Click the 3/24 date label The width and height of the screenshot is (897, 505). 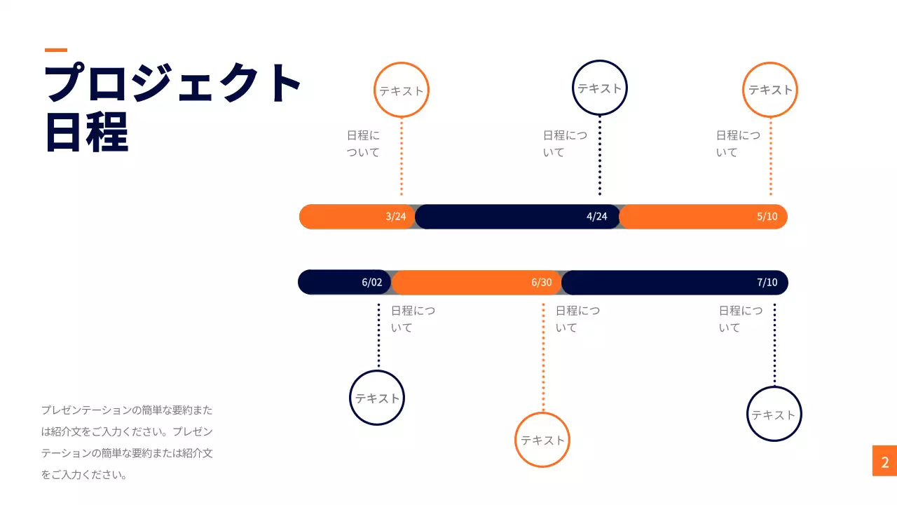point(396,217)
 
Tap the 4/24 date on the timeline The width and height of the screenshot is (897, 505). point(597,217)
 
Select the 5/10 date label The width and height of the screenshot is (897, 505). point(767,217)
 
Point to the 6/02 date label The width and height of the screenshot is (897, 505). point(372,283)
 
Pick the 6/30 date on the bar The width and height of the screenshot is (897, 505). point(542,283)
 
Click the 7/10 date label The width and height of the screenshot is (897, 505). point(767,283)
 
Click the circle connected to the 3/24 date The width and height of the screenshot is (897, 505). point(402,90)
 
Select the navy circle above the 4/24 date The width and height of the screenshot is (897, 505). point(600,88)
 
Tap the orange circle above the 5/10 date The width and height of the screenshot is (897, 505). point(770,90)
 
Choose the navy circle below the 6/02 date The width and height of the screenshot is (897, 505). point(377,398)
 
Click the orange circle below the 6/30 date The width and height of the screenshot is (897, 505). point(542,440)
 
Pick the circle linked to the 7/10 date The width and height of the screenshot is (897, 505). point(774,414)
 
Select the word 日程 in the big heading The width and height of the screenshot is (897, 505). point(87,131)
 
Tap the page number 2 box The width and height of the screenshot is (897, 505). point(884,461)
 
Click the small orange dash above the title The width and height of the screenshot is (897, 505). point(56,50)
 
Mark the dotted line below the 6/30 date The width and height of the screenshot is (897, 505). point(543,358)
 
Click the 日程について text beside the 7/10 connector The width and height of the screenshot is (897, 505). point(740,319)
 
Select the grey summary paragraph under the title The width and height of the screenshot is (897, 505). point(127,442)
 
